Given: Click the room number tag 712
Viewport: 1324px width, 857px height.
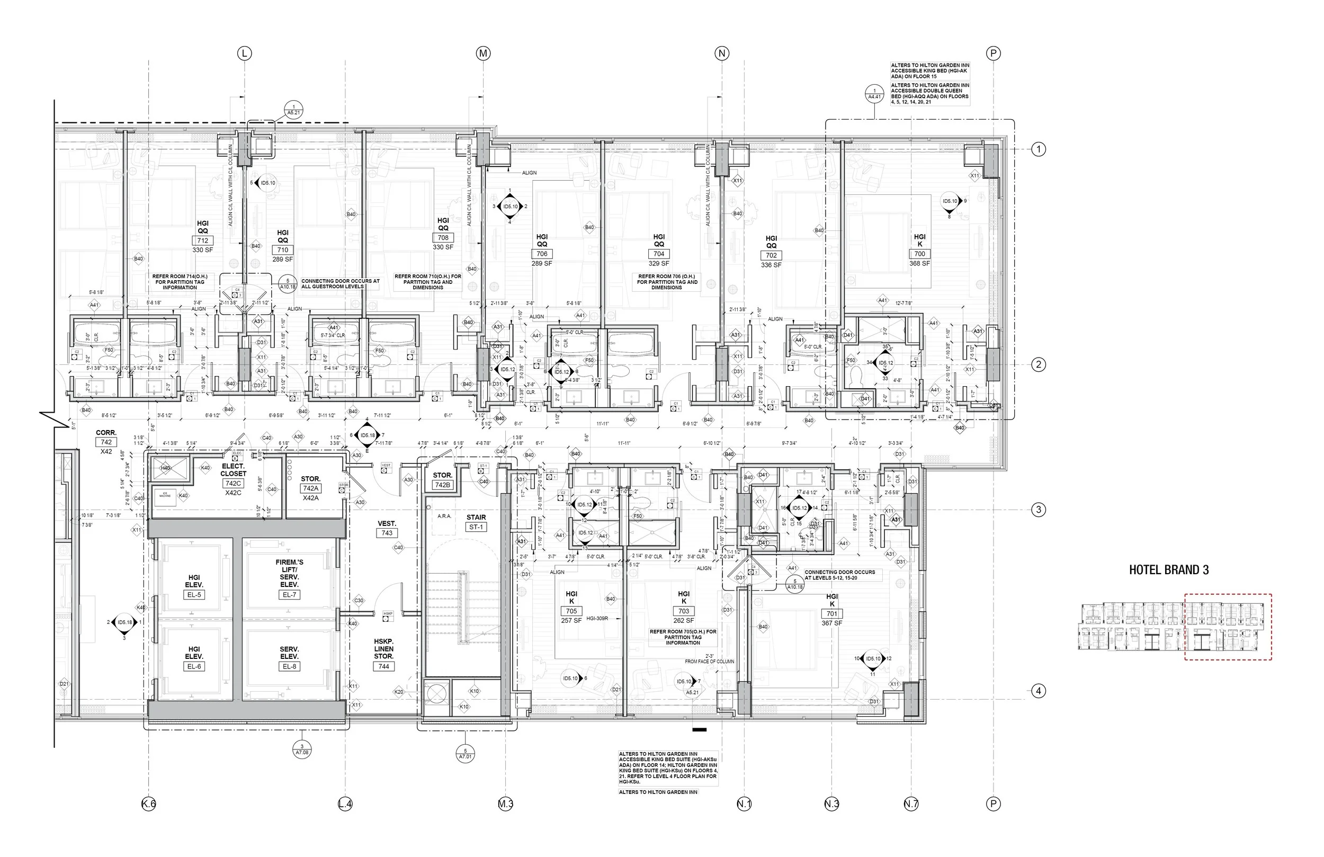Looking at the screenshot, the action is [202, 241].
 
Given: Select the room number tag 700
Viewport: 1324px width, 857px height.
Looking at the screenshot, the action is [919, 254].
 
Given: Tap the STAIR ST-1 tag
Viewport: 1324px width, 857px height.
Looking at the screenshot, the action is [476, 527].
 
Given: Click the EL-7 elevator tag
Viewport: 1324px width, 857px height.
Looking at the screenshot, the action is [289, 595].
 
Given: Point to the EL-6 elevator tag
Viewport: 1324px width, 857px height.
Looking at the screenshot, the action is [194, 667].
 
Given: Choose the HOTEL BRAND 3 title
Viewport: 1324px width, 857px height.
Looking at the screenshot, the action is [1169, 570].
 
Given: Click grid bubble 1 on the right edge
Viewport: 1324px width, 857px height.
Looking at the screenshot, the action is [1038, 149].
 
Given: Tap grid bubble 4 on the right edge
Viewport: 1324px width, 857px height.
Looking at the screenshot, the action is [1038, 691].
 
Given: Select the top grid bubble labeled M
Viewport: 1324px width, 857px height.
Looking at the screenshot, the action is [483, 53].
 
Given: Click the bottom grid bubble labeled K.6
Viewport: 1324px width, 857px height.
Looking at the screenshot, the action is [148, 804].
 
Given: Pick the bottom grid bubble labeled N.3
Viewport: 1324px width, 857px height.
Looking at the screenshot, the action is [831, 804].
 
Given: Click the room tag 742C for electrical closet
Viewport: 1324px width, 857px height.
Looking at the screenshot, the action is [233, 484].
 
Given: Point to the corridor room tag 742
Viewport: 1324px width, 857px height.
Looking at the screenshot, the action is [106, 442].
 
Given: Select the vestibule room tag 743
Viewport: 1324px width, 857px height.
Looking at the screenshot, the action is [387, 533].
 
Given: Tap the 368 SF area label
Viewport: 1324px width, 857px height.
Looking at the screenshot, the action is [919, 263].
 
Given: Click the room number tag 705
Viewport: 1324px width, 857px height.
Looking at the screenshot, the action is [571, 611].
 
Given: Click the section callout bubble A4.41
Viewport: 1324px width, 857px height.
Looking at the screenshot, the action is [874, 94].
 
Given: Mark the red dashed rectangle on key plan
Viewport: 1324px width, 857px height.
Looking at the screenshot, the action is [1228, 627].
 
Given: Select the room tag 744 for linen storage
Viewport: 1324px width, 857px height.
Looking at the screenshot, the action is [383, 667].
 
